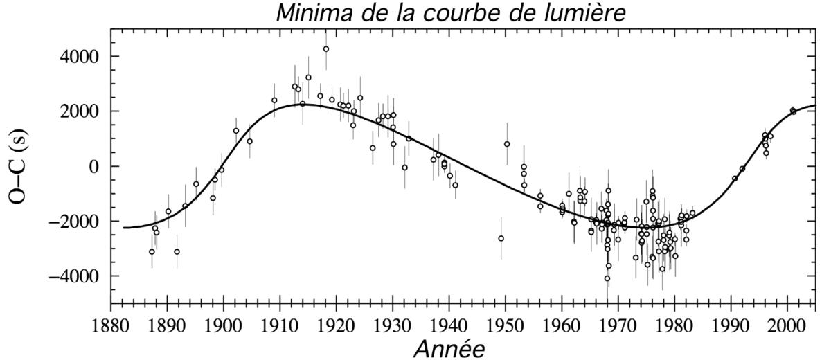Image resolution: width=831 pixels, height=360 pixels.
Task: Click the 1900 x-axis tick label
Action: tap(222, 324)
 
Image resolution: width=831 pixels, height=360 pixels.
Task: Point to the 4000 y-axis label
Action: tap(80, 57)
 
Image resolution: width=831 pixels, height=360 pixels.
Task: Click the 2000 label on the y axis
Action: tap(80, 111)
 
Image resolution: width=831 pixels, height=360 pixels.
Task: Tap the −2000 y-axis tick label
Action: tap(75, 222)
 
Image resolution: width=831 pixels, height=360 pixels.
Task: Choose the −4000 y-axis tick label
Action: tap(75, 276)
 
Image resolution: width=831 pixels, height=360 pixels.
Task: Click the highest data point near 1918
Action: tap(326, 49)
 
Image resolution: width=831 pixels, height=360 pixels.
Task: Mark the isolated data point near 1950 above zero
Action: tap(507, 144)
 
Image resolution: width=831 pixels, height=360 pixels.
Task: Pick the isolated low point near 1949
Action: tap(501, 238)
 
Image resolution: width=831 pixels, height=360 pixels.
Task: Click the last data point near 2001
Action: tap(793, 111)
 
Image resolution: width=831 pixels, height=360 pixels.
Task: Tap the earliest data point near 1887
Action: tap(152, 251)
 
